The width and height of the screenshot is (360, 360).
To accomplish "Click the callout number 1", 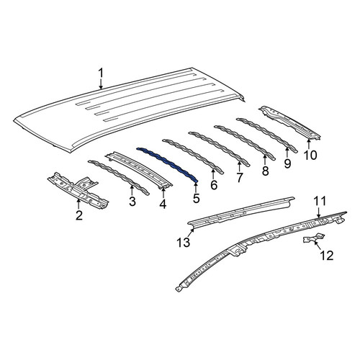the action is (x=101, y=73).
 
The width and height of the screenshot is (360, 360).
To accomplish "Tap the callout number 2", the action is (x=79, y=215).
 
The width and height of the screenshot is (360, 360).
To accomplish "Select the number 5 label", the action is (x=196, y=198).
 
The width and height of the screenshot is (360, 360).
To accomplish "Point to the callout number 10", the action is (x=310, y=155).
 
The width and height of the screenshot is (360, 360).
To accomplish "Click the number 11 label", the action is (x=320, y=201).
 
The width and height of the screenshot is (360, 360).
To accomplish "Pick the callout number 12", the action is (x=327, y=256).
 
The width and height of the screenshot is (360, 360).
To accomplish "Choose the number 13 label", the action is (x=184, y=243).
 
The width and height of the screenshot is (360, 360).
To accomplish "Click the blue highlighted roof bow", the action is (x=168, y=165).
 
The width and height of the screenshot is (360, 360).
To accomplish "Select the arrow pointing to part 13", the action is (x=192, y=233).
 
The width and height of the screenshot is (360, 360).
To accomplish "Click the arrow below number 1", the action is (x=101, y=84).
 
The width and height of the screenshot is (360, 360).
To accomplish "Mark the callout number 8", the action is (x=265, y=171).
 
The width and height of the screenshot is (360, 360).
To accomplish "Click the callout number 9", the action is (x=287, y=163).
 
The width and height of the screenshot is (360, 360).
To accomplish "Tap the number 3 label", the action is (x=132, y=202).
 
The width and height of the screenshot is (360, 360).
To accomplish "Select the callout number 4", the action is (x=163, y=204).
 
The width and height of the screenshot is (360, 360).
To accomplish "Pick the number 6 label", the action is (x=214, y=185).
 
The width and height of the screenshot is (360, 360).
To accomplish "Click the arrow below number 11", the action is (x=318, y=212).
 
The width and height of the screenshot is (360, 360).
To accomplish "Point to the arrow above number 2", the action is (x=78, y=204).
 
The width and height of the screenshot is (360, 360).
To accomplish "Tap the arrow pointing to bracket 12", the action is (x=318, y=246).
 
